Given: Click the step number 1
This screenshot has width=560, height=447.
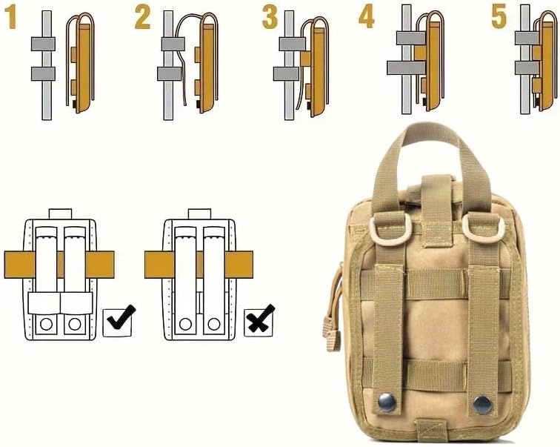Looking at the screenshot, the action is click(10, 17).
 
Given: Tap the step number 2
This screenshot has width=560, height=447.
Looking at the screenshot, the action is click(142, 18).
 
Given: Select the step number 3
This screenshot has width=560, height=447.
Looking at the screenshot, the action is click(270, 17).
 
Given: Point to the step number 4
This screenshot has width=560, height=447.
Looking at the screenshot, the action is click(367, 16).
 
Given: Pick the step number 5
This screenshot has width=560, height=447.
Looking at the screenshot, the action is click(499, 17).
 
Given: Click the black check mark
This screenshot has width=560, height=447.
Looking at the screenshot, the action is click(121, 317).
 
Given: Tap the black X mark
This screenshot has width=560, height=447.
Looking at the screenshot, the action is click(261, 318).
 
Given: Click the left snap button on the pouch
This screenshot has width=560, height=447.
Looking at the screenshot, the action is click(387, 403).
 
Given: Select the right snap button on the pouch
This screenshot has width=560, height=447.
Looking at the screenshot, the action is click(482, 405).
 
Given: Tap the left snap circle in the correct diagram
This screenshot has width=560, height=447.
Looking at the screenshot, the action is click(47, 325).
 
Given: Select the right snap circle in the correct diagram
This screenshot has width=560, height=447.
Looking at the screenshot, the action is click(75, 325).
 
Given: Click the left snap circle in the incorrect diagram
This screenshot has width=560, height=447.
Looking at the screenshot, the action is click(186, 325).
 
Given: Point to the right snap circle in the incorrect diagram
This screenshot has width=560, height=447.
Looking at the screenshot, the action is click(214, 325).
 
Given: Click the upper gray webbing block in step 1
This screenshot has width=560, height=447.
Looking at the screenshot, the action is click(43, 44).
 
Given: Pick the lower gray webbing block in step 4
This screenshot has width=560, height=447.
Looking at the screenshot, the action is click(407, 67).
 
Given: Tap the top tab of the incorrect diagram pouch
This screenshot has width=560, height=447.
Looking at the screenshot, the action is click(199, 213).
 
